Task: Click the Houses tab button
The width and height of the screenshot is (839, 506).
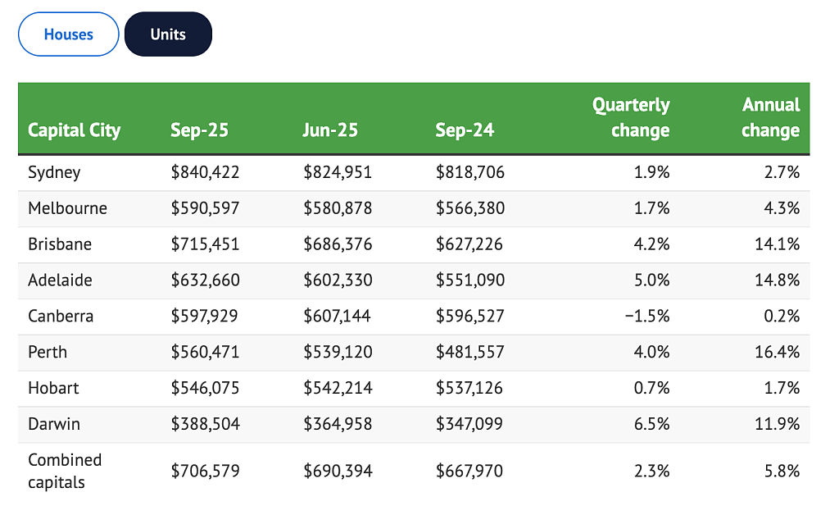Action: click(x=69, y=34)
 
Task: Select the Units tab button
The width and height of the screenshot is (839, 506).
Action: click(x=168, y=34)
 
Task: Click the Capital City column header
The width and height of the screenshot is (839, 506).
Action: click(x=75, y=130)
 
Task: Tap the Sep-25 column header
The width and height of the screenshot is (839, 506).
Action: click(x=199, y=130)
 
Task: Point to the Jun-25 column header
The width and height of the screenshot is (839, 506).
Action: click(x=329, y=130)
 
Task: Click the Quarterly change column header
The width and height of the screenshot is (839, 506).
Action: click(x=631, y=117)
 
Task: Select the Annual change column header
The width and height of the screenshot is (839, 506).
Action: click(x=770, y=117)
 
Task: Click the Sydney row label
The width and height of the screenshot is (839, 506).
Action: click(x=54, y=172)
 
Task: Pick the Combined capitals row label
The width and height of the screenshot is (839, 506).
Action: click(x=64, y=472)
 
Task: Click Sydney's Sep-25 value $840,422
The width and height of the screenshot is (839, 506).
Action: click(x=205, y=172)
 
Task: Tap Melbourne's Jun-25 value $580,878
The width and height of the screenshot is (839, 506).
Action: click(x=338, y=208)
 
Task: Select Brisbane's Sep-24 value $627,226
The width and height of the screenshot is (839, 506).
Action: click(x=469, y=244)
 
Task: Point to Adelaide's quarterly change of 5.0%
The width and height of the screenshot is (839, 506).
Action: click(x=651, y=280)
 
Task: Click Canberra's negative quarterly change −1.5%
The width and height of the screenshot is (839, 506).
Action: click(x=647, y=316)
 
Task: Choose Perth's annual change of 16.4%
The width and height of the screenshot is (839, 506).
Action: click(x=778, y=352)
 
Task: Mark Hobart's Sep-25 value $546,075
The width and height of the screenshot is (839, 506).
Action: click(x=205, y=388)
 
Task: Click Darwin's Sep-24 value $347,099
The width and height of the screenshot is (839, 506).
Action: click(x=469, y=423)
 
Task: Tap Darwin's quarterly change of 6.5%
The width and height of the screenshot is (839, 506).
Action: click(x=651, y=424)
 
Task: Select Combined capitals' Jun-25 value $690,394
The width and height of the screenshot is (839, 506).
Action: click(x=338, y=472)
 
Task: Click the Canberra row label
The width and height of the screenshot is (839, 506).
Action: click(x=61, y=316)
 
